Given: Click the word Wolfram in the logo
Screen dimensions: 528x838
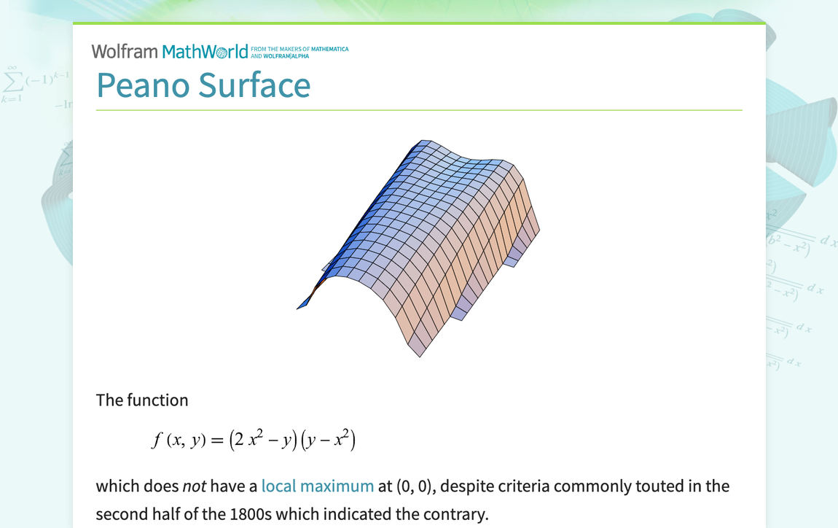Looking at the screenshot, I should [124, 51].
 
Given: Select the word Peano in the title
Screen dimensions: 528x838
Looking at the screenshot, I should [143, 85].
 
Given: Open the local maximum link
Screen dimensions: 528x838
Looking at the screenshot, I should [317, 486].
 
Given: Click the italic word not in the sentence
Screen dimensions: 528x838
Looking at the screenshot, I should [193, 486].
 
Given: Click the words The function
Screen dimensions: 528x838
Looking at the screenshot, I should [142, 400].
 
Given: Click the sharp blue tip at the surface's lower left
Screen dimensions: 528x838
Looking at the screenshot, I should [299, 308].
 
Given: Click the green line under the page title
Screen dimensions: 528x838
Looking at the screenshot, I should [419, 110].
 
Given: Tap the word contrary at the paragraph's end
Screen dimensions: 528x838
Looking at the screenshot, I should [453, 514].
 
